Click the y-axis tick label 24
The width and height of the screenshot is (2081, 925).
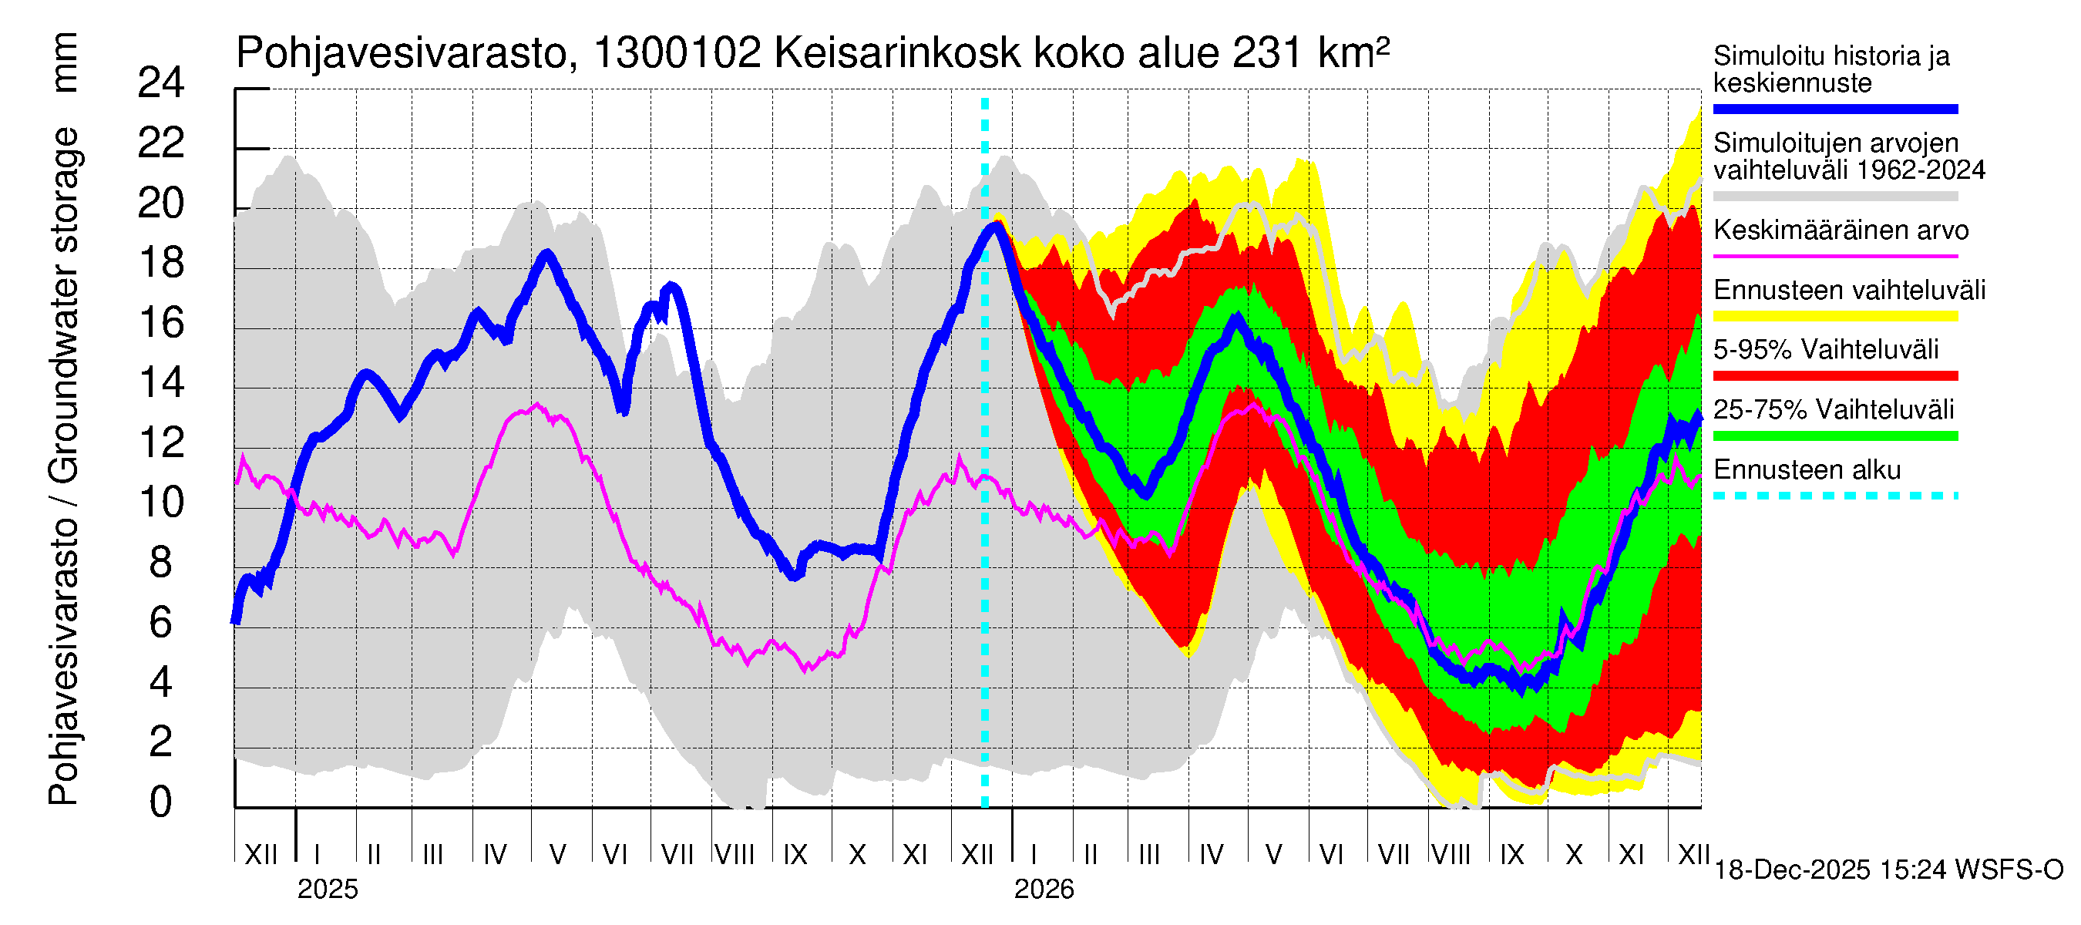pyautogui.click(x=161, y=83)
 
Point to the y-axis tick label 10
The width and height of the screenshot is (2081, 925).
pyautogui.click(x=161, y=503)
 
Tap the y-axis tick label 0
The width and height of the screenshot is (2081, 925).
pyautogui.click(x=161, y=802)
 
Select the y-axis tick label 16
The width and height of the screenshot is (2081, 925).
pyautogui.click(x=161, y=323)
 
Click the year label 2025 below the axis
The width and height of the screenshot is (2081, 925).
pyautogui.click(x=327, y=890)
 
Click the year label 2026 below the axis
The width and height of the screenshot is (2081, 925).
pyautogui.click(x=1044, y=890)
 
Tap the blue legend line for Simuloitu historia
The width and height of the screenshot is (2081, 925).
pyautogui.click(x=1834, y=109)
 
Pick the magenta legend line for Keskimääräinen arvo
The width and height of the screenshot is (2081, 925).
pyautogui.click(x=1834, y=256)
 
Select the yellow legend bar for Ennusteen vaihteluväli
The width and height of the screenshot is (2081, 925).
pyautogui.click(x=1834, y=316)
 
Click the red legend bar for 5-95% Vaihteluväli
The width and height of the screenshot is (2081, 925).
pyautogui.click(x=1834, y=375)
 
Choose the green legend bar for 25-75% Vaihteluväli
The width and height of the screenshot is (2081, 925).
pyautogui.click(x=1834, y=436)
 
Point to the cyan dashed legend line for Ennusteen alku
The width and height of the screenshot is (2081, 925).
pyautogui.click(x=1834, y=495)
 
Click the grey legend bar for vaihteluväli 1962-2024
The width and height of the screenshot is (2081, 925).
pyautogui.click(x=1834, y=197)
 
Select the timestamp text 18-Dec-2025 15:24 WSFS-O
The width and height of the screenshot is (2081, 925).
pyautogui.click(x=1888, y=870)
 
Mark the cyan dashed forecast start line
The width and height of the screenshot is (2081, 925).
pyautogui.click(x=985, y=566)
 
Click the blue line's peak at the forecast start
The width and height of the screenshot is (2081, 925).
pyautogui.click(x=995, y=227)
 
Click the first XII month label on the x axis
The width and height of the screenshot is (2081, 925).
pyautogui.click(x=261, y=855)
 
